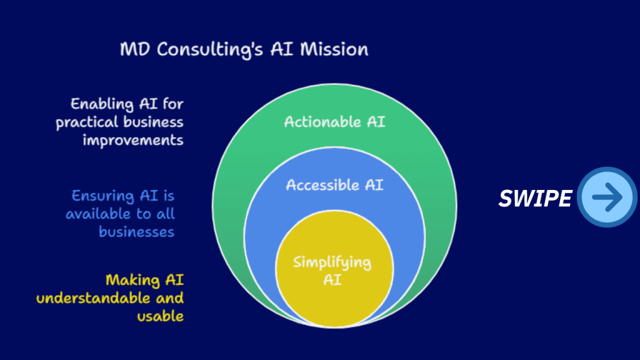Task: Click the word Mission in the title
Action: pos(334,49)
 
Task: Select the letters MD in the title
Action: pos(135,49)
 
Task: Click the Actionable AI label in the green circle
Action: pos(335,122)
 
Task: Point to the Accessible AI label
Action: pos(335,185)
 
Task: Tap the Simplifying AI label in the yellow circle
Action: pos(332,271)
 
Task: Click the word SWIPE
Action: pos(535,199)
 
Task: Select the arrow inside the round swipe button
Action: pos(607,197)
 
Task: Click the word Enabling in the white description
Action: pos(102,104)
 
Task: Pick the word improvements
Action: pos(133,140)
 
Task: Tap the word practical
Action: pos(87,122)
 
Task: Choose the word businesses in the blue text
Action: pos(136,232)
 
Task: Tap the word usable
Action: pos(161,316)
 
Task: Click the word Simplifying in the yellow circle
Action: pos(332,263)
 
